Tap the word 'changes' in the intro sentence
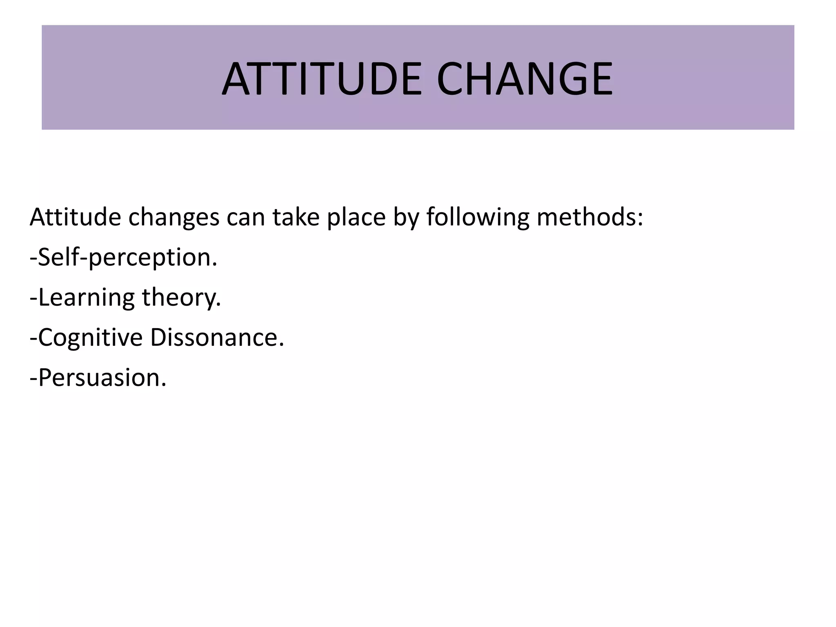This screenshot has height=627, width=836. click(174, 217)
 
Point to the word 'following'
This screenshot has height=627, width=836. click(478, 218)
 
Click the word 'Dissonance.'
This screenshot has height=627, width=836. click(217, 338)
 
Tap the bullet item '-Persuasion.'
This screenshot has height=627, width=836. click(98, 378)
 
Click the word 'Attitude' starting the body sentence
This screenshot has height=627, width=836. click(75, 217)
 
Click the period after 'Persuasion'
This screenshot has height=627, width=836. click(164, 385)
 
